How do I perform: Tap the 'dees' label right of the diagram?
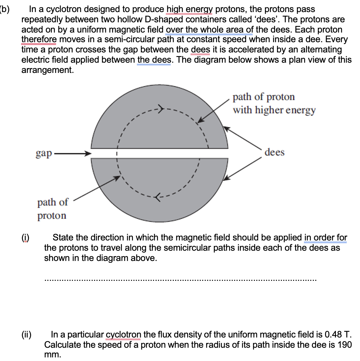[274, 152]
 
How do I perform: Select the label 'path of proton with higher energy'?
[274, 103]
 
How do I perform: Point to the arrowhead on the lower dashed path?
[157, 197]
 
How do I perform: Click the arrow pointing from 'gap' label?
[72, 154]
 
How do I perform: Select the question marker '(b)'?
[5, 9]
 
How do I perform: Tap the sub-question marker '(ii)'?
[27, 334]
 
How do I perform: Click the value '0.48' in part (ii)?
[333, 334]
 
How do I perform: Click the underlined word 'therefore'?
[39, 39]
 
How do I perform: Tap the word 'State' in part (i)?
[63, 237]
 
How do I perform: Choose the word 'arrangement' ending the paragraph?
[47, 70]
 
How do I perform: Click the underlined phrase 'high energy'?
[189, 9]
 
